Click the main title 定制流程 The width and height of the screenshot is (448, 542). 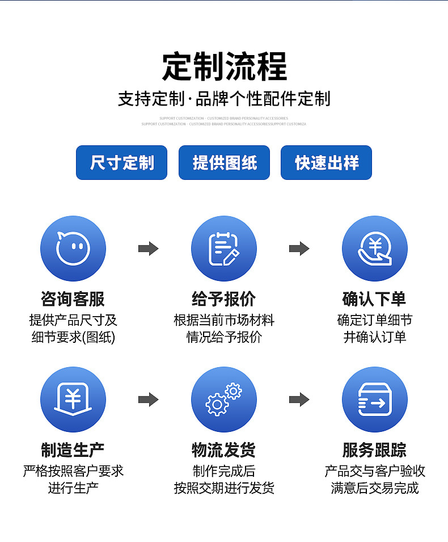(224, 67)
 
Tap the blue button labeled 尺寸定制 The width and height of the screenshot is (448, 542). (122, 163)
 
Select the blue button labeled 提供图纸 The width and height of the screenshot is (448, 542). (224, 163)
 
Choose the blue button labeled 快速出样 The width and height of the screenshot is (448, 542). (326, 163)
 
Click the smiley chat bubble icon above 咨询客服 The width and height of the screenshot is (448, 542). (73, 249)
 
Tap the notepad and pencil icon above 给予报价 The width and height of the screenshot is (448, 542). (223, 249)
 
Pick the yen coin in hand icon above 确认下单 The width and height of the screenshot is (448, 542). (374, 249)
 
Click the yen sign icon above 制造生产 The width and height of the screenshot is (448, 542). (73, 400)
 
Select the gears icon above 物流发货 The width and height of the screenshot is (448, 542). (223, 400)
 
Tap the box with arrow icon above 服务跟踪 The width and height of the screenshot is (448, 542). (374, 400)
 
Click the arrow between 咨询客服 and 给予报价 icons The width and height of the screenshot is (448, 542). (148, 249)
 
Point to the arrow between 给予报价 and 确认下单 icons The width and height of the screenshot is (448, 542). (299, 249)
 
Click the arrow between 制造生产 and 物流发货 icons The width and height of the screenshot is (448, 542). (148, 400)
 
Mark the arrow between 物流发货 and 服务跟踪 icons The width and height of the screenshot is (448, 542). (299, 400)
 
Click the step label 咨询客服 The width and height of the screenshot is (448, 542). (73, 299)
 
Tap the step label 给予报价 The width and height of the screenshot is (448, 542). (223, 299)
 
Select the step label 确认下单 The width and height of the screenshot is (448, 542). (374, 299)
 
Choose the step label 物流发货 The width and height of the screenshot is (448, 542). (223, 450)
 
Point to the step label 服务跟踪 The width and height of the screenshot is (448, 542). (374, 450)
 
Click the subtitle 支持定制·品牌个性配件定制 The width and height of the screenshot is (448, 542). (224, 99)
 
